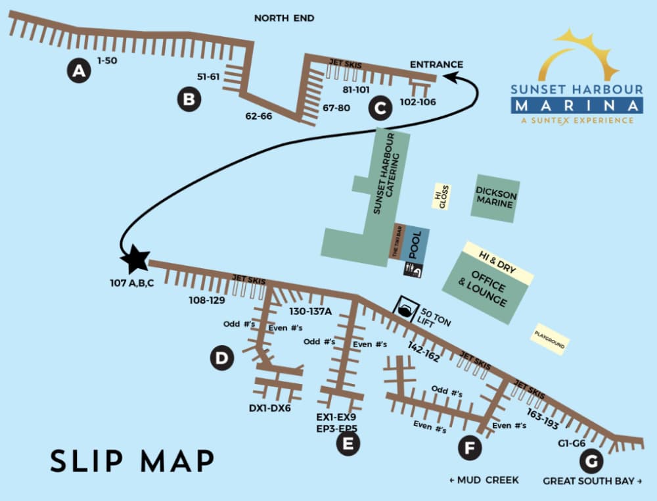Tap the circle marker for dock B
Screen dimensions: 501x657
(x=189, y=100)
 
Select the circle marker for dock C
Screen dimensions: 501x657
(x=380, y=107)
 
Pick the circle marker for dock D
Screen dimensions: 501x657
(x=222, y=358)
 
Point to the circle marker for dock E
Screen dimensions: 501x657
(x=348, y=444)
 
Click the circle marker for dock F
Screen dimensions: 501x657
(x=469, y=448)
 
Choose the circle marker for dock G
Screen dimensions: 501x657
(x=591, y=460)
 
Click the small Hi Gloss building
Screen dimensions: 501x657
(x=440, y=196)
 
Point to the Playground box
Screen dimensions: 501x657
(x=550, y=339)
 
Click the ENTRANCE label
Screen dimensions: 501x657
(x=436, y=64)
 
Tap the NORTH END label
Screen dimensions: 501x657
(x=284, y=18)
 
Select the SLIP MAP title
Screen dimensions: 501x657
(x=132, y=461)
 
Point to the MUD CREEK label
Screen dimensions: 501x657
(x=484, y=481)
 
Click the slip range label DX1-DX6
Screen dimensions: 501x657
(x=269, y=408)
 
